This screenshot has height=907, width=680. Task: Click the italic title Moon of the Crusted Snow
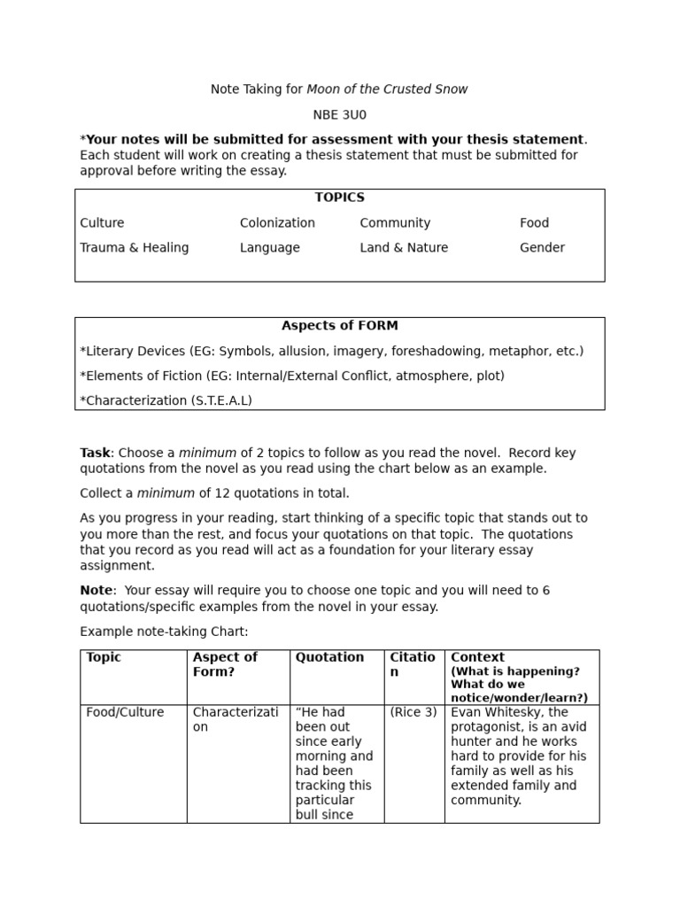click(387, 89)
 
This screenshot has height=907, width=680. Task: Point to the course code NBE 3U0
click(339, 114)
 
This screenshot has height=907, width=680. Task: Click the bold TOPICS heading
click(339, 198)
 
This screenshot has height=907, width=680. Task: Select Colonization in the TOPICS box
click(277, 223)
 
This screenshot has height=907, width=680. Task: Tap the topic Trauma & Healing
click(135, 248)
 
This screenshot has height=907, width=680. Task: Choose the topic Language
click(269, 248)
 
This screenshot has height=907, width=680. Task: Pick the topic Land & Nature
click(404, 248)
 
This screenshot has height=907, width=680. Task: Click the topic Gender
click(542, 248)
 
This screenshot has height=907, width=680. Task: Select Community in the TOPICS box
click(395, 223)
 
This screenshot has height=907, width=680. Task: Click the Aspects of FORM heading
click(339, 326)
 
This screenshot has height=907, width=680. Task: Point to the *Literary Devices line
click(331, 351)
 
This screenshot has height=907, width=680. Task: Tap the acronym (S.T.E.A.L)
click(221, 400)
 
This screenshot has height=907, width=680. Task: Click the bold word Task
click(95, 453)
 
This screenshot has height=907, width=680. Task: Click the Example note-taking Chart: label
click(164, 632)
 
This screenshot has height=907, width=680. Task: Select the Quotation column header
click(329, 657)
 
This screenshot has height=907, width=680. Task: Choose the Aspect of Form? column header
click(225, 664)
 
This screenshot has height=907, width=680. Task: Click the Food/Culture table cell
click(125, 712)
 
